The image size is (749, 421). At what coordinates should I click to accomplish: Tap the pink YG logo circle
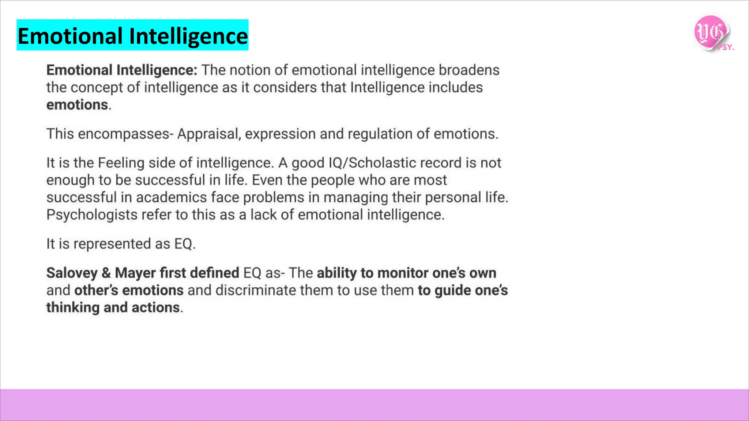(x=711, y=32)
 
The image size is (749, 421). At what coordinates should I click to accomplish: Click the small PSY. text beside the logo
(x=726, y=48)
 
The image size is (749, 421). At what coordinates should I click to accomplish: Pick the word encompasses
(x=123, y=134)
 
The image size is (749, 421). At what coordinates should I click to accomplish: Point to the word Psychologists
(x=92, y=215)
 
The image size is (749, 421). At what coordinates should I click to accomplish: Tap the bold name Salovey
(x=72, y=273)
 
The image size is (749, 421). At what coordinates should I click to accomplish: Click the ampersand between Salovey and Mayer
(x=106, y=273)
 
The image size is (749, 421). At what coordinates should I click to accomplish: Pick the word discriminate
(x=256, y=290)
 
